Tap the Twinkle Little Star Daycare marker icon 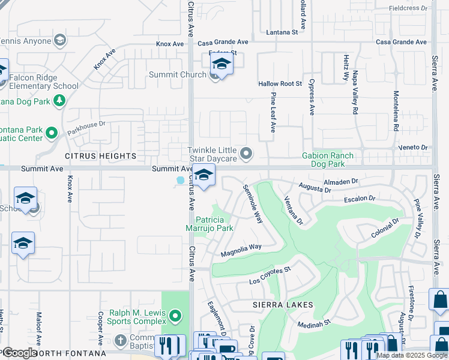[x=246, y=154]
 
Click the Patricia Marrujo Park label [x=214, y=224]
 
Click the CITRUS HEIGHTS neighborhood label [x=100, y=156]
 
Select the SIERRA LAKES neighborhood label [x=283, y=305]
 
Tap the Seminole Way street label [x=253, y=203]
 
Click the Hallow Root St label [x=280, y=84]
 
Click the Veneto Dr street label [x=412, y=147]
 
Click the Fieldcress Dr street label [x=408, y=8]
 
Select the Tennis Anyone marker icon [x=59, y=41]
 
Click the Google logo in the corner [x=20, y=353]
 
